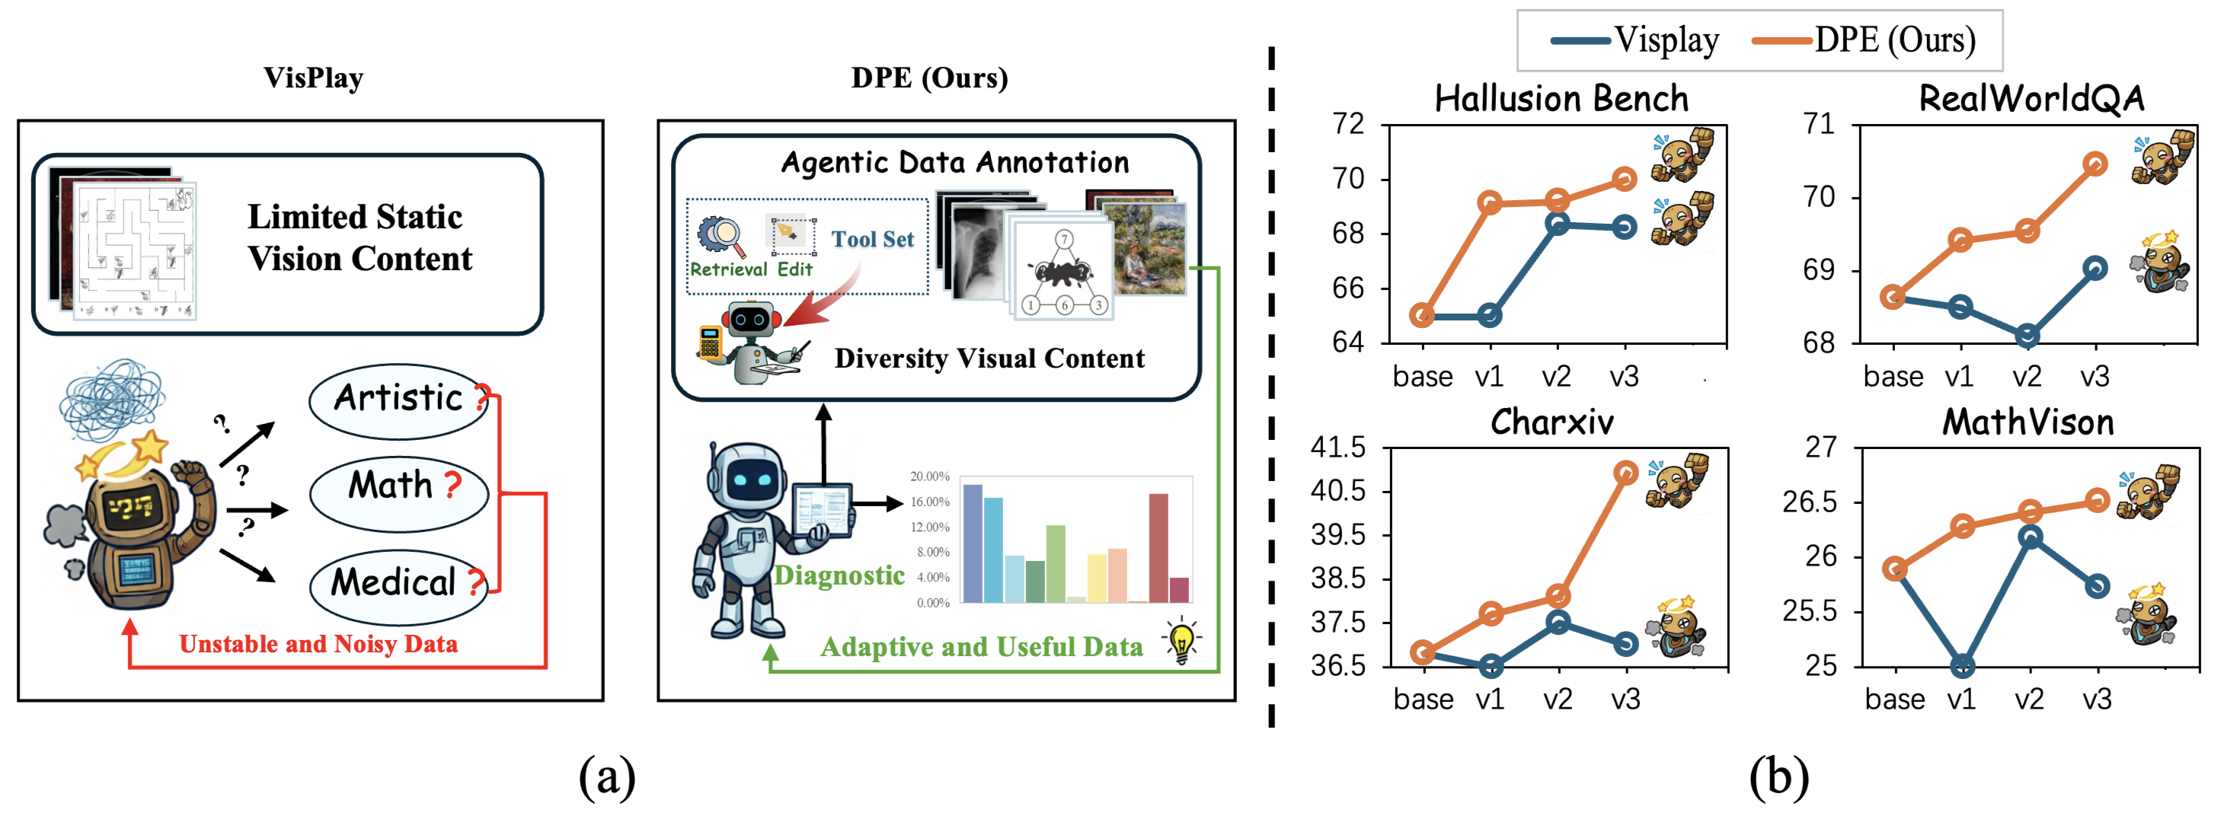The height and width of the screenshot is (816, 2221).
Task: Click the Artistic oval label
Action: click(x=399, y=399)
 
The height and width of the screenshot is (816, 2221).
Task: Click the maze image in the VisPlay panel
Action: click(x=136, y=250)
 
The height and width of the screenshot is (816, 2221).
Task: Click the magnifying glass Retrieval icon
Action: click(x=721, y=234)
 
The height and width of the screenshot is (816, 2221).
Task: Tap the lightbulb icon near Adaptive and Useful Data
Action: click(x=1181, y=641)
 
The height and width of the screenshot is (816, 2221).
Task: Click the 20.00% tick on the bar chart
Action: click(x=929, y=477)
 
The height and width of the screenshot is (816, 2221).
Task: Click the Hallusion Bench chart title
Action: click(x=1561, y=98)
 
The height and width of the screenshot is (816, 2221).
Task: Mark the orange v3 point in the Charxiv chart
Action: click(x=1625, y=473)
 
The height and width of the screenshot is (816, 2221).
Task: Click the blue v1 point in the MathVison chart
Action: click(x=1962, y=665)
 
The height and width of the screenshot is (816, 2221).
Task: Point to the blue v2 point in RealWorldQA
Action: click(x=2028, y=335)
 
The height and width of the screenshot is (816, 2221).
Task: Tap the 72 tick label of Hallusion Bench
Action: click(x=1347, y=124)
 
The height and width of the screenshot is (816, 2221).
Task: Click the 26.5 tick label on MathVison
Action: click(x=1809, y=502)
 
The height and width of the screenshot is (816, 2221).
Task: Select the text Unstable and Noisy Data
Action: click(x=318, y=645)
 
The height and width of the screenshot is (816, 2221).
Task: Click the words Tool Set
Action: click(x=871, y=240)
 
